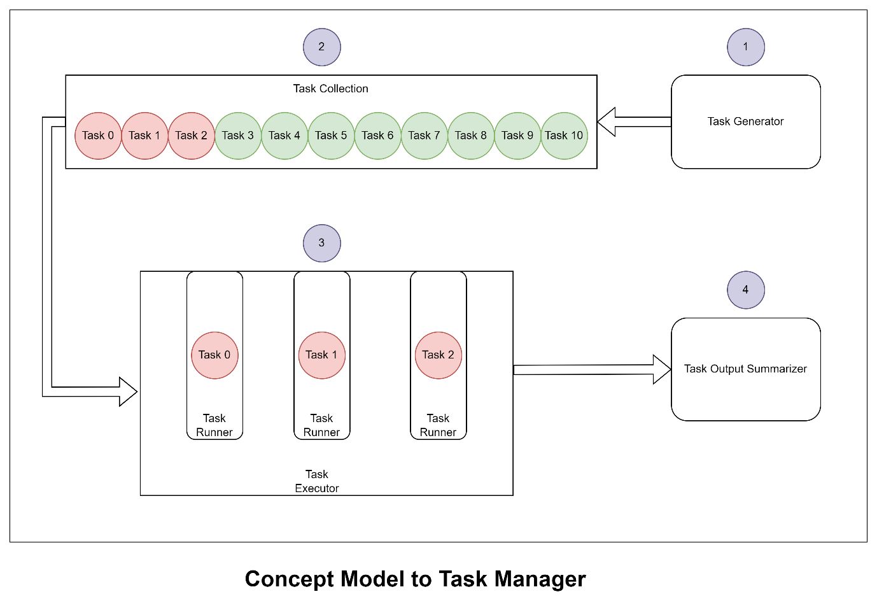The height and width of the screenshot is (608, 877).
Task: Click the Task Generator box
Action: pos(745,122)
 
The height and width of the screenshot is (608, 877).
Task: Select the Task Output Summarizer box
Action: pos(745,369)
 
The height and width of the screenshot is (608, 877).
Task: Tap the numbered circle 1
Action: pos(745,47)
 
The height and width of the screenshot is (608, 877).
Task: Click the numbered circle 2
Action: pos(321,47)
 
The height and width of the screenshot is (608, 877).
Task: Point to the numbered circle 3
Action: pos(321,243)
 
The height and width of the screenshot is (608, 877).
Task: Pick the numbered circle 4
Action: pos(745,290)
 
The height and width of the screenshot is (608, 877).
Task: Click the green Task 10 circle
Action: pos(564,136)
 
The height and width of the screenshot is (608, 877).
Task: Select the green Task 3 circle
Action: pos(238,136)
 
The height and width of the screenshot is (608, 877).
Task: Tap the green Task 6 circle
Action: pos(377,136)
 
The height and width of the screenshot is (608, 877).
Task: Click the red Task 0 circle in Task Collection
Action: pos(98,136)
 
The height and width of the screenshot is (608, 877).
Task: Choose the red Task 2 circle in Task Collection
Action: pos(191,136)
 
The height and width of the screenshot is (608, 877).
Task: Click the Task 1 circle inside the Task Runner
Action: pos(321,355)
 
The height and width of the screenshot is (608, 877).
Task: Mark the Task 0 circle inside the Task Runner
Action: pos(214,355)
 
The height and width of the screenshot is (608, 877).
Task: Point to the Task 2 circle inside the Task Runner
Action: pos(438,355)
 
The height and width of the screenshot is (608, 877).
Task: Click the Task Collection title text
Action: pos(330,89)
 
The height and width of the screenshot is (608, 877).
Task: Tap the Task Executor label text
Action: pos(316,481)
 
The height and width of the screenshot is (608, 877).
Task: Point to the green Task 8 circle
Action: pos(470,136)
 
